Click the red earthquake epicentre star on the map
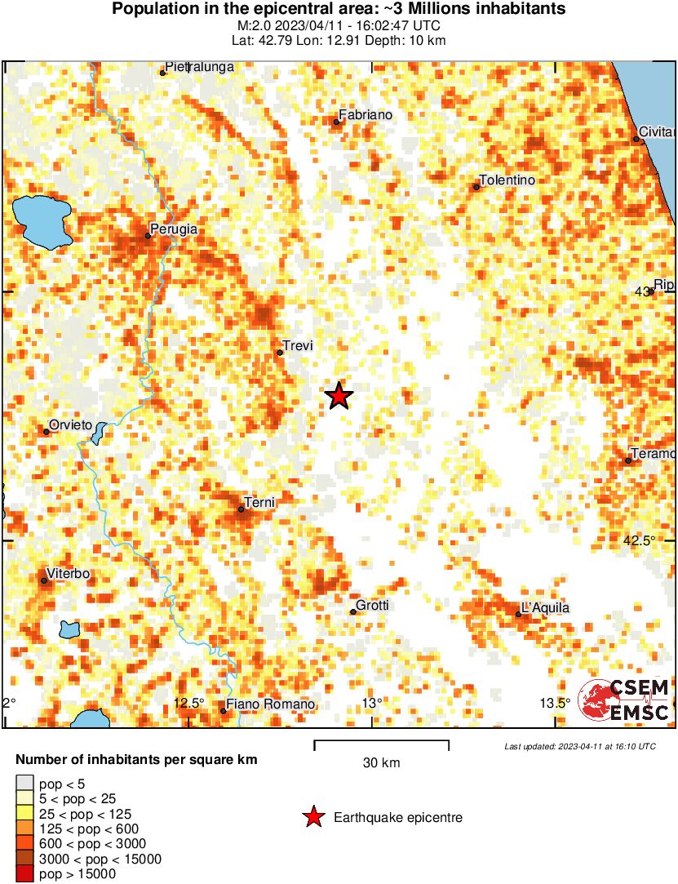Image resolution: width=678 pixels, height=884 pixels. tap(339, 396)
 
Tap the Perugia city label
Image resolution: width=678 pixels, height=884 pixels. tap(175, 229)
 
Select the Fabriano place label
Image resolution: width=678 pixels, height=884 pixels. tap(365, 115)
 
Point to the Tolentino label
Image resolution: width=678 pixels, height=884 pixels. tap(507, 180)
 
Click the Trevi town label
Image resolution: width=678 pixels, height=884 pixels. tap(297, 345)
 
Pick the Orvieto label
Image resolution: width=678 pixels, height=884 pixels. tap(71, 424)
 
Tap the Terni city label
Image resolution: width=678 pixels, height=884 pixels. tap(260, 503)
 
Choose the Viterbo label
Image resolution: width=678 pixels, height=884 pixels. tap(69, 574)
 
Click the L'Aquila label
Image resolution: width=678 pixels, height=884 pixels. tap(544, 607)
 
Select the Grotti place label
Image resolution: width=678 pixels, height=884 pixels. tap(373, 605)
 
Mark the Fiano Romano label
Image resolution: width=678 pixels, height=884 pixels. tap(270, 704)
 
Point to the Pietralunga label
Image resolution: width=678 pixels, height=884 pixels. tap(199, 66)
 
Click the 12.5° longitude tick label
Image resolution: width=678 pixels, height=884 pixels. tap(189, 704)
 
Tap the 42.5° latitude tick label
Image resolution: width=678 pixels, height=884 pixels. tap(640, 540)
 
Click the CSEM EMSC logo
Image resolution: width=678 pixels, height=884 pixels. tap(624, 700)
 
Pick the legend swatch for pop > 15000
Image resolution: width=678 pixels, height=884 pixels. tap(25, 874)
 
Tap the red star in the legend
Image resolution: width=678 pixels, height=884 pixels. tap(312, 817)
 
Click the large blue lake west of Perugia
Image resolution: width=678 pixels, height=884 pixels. tap(41, 221)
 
